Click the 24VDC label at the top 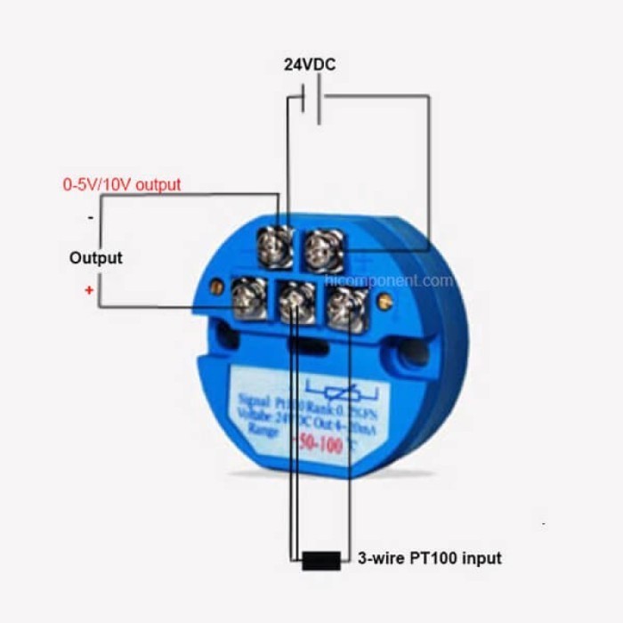point(310,65)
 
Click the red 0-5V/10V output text point(121,185)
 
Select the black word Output point(95,258)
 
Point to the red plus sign point(89,290)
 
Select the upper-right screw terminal point(323,251)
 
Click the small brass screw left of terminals point(216,287)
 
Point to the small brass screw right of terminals point(384,303)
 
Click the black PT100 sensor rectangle point(320,561)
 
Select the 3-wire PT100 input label point(429,559)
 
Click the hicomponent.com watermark point(389,281)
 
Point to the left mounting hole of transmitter point(228,337)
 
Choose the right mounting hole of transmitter point(415,355)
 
